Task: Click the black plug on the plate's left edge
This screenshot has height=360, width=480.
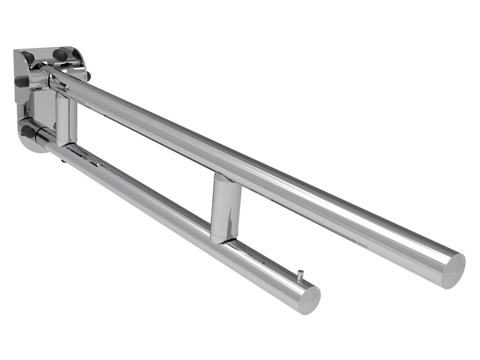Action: [x=19, y=81]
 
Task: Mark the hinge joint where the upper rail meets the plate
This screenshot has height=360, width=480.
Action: [x=52, y=77]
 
